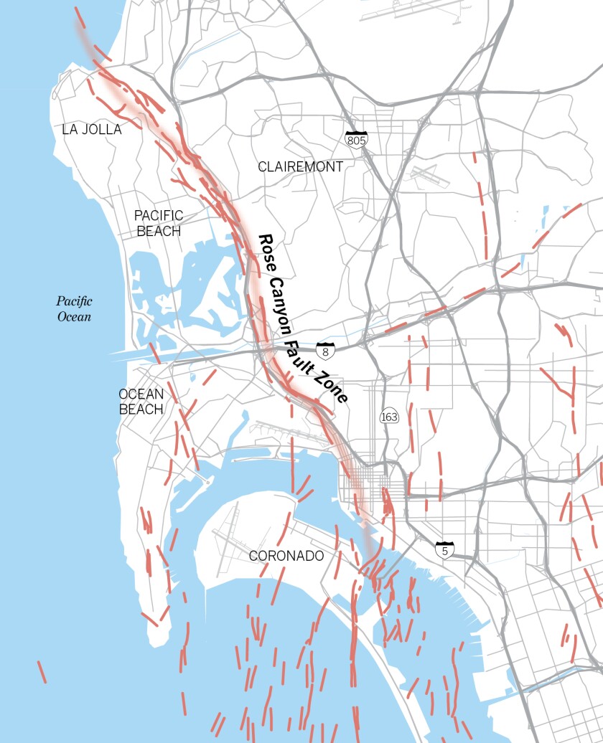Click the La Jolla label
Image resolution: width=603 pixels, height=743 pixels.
pyautogui.click(x=92, y=130)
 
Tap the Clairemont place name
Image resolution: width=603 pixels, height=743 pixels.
pyautogui.click(x=301, y=166)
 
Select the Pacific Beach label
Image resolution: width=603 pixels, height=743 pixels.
pyautogui.click(x=159, y=223)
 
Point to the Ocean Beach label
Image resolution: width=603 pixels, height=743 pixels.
pyautogui.click(x=141, y=402)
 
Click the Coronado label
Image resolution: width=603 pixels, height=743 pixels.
pyautogui.click(x=286, y=556)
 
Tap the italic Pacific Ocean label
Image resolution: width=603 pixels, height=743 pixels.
pyautogui.click(x=75, y=308)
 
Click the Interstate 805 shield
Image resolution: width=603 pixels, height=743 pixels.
pyautogui.click(x=356, y=139)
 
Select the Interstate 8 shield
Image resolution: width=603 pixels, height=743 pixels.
pyautogui.click(x=326, y=351)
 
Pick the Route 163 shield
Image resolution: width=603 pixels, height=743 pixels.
pyautogui.click(x=389, y=417)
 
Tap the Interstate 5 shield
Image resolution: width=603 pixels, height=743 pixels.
pyautogui.click(x=444, y=551)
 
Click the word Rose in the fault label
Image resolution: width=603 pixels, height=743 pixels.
pyautogui.click(x=267, y=250)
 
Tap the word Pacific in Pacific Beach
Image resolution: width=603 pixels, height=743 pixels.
pyautogui.click(x=159, y=215)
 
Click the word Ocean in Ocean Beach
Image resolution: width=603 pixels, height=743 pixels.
pyautogui.click(x=141, y=394)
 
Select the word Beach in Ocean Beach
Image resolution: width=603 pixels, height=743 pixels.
pyautogui.click(x=141, y=410)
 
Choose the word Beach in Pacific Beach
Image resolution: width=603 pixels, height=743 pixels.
pyautogui.click(x=159, y=231)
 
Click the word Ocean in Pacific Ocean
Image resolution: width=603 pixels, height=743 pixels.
pyautogui.click(x=75, y=316)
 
